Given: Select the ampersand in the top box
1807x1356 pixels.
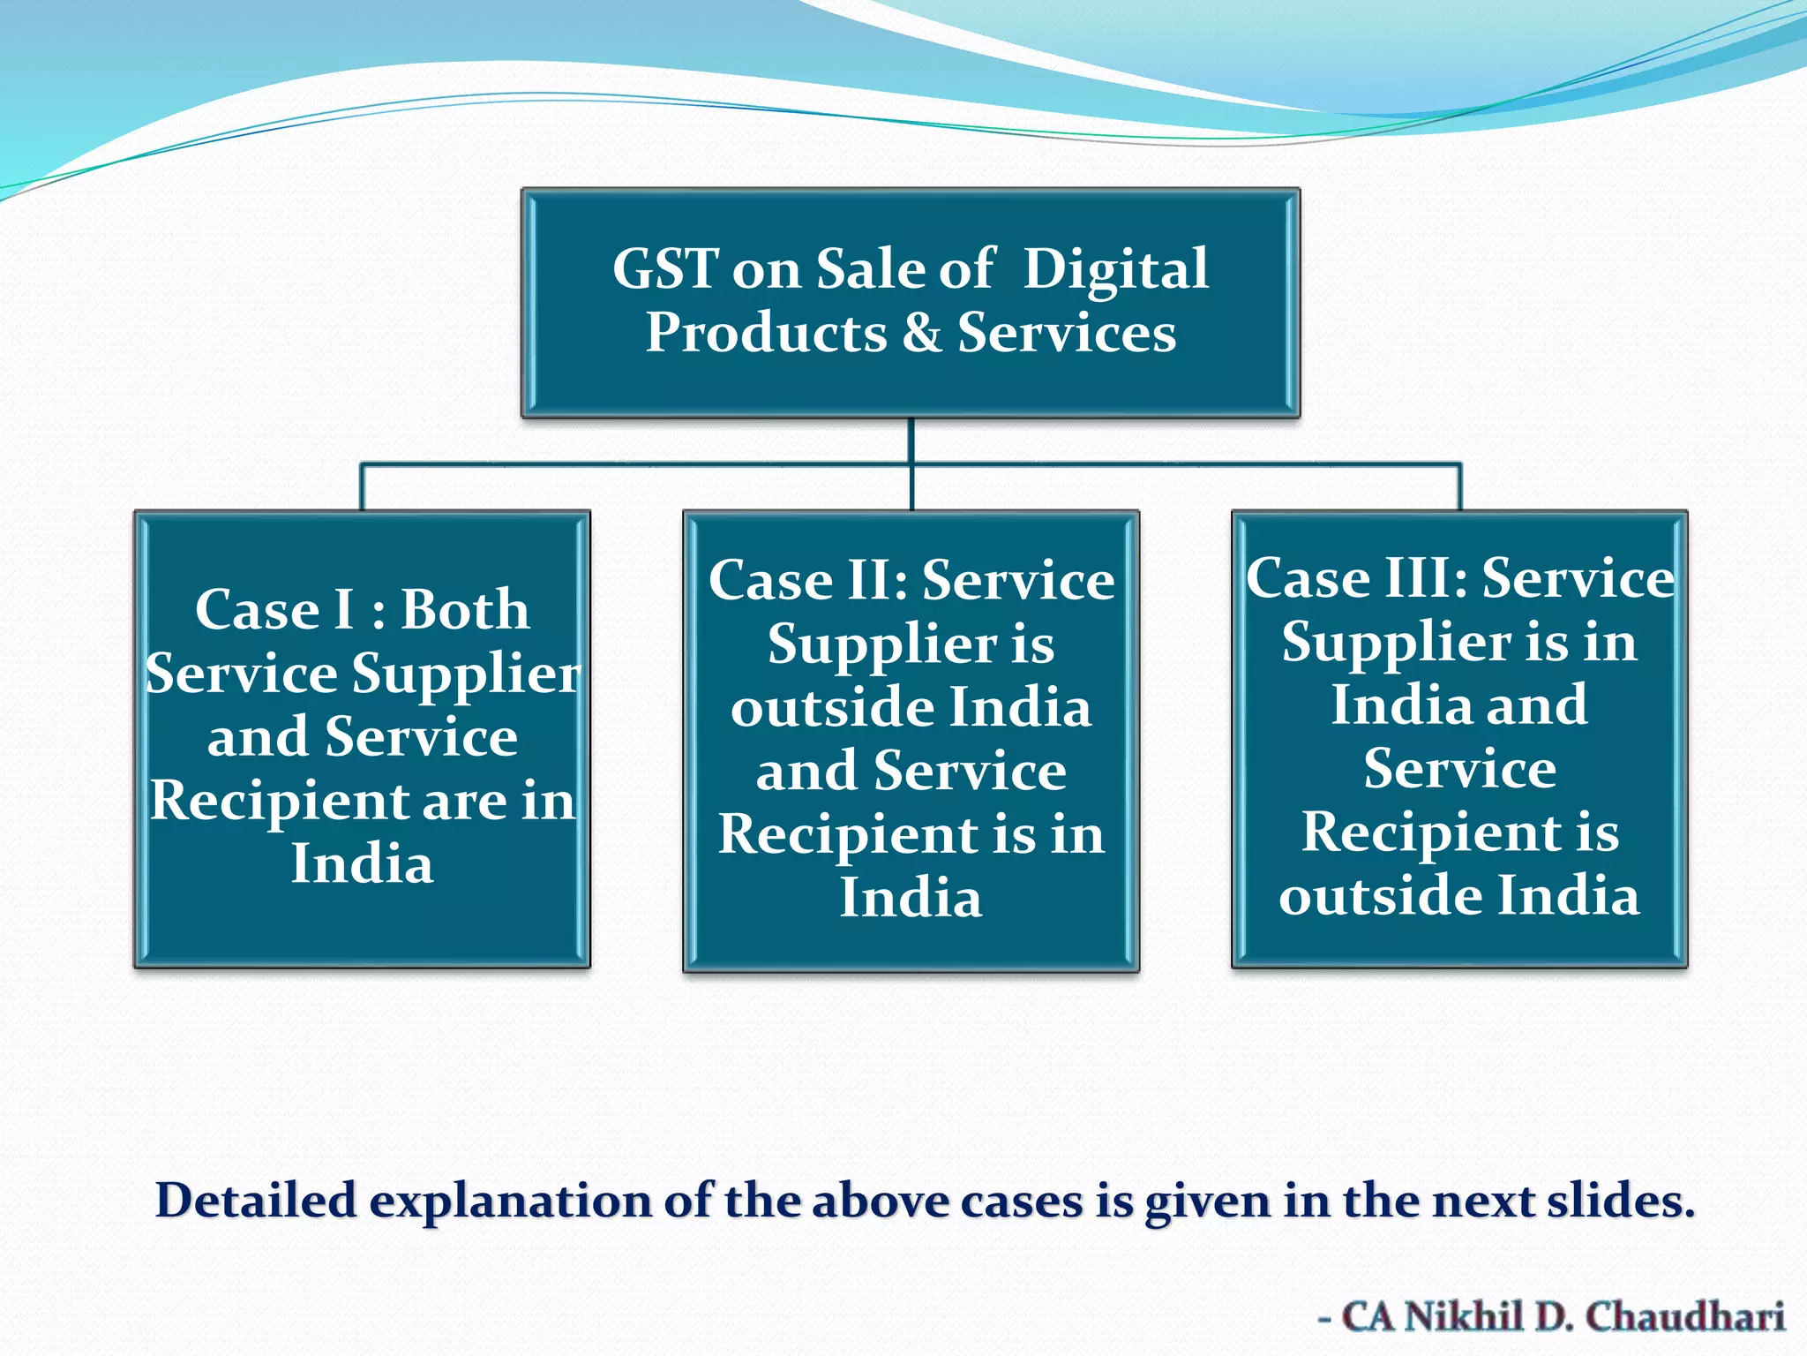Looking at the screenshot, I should coord(922,333).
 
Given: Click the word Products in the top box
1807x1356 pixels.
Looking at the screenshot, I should coord(766,333).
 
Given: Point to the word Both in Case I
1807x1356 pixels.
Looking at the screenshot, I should coord(465,609).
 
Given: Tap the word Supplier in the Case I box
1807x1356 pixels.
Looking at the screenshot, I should coord(466,674).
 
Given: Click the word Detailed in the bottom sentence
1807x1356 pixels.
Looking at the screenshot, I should coord(256,1200).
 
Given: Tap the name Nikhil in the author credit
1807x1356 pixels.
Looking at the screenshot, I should coord(1464,1316).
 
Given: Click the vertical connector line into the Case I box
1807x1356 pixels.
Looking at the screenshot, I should coord(362,486).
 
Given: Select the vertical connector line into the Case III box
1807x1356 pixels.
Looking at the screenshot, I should coord(1460,486).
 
